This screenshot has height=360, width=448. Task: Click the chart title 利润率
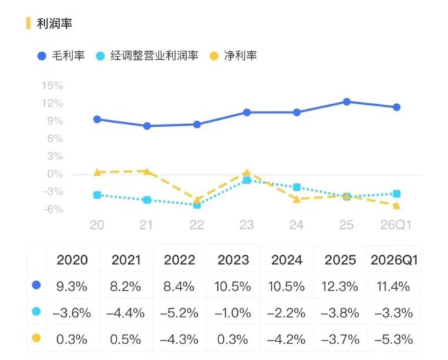click(x=54, y=23)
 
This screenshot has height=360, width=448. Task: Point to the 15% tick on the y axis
click(x=52, y=86)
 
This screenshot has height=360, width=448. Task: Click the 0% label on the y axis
click(x=55, y=174)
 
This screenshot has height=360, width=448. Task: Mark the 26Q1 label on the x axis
click(x=396, y=225)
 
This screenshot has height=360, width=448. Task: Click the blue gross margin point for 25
click(x=347, y=102)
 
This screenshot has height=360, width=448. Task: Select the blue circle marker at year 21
click(x=147, y=126)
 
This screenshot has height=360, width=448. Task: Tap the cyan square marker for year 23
click(x=247, y=180)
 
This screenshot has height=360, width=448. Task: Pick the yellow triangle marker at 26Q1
click(x=396, y=206)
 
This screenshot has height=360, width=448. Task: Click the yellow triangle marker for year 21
click(x=147, y=171)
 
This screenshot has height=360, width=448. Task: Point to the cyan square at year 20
click(x=97, y=195)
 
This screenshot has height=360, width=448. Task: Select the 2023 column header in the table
click(x=233, y=260)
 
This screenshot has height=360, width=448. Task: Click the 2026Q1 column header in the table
click(x=394, y=260)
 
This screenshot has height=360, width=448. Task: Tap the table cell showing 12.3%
click(x=340, y=286)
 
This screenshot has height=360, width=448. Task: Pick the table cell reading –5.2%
click(x=179, y=313)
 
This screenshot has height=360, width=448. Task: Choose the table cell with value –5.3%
click(x=394, y=339)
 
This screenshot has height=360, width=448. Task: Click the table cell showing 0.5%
click(x=125, y=339)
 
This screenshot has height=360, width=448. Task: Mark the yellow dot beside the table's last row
click(x=37, y=338)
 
